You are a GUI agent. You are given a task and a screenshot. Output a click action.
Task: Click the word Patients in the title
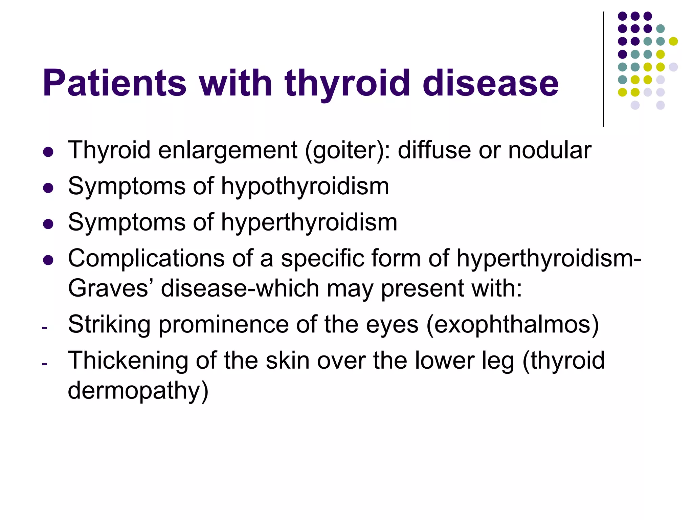(114, 83)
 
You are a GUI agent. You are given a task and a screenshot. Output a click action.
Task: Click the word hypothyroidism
(305, 187)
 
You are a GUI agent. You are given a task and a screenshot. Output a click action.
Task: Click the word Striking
(109, 324)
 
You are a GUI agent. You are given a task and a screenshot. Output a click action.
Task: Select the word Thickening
(128, 361)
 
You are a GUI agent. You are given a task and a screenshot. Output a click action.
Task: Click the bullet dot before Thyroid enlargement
(48, 152)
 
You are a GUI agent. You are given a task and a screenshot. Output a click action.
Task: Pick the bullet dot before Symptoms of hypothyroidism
(48, 188)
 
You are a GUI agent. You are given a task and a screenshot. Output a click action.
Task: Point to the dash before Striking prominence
(44, 327)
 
